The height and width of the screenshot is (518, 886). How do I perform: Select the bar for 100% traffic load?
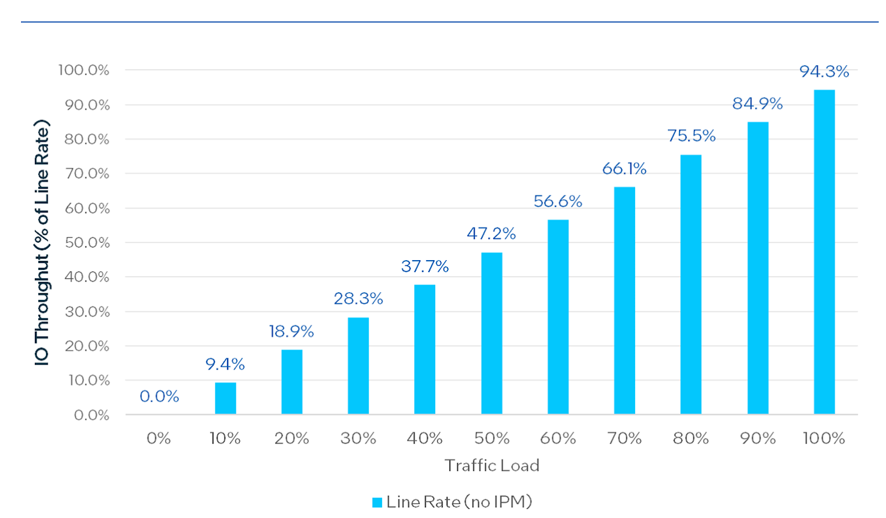825,252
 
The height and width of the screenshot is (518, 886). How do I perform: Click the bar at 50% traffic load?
492,333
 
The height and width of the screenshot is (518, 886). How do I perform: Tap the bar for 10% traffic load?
225,398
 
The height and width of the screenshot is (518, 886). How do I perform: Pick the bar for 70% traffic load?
625,301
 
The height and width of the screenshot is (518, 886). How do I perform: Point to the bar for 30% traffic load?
358,366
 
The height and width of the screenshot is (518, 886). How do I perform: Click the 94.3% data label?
825,71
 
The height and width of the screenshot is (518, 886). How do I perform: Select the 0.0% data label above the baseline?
159,396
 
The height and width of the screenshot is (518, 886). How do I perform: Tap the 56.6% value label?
558,201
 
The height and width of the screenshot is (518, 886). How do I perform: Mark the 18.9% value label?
291,331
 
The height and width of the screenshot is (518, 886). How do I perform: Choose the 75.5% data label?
692,136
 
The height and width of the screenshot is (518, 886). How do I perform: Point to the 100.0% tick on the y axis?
84,70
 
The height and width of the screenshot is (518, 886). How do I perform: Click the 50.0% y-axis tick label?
87,242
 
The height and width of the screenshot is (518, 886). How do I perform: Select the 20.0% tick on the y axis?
87,346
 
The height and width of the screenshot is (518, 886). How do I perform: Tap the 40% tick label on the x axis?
425,438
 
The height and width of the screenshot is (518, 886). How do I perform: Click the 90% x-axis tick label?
758,438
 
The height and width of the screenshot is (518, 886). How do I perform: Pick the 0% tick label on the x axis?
158,438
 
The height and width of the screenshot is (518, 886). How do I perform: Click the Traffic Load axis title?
492,465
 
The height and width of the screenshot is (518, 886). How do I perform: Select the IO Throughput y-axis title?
42,242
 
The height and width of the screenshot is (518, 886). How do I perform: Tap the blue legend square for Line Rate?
377,502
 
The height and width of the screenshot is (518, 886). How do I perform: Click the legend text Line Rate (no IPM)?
459,502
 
